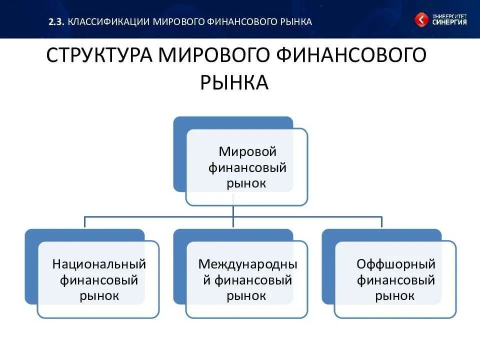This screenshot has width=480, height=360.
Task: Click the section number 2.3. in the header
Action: tap(57, 21)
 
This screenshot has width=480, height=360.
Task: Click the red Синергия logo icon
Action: tap(421, 20)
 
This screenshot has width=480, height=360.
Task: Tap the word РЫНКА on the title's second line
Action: tap(234, 82)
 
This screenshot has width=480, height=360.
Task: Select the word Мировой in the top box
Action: tap(247, 151)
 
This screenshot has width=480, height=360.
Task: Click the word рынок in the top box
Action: tap(246, 183)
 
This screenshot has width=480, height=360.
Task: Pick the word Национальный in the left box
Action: tap(99, 263)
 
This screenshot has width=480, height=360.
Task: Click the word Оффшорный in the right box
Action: tap(396, 263)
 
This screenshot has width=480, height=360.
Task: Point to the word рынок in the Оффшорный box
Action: tap(395, 295)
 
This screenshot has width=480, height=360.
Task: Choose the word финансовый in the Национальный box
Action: tap(99, 279)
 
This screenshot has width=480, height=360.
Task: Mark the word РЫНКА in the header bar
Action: tap(295, 21)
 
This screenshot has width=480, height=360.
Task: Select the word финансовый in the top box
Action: tap(247, 167)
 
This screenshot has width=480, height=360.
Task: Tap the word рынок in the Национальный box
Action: tap(99, 295)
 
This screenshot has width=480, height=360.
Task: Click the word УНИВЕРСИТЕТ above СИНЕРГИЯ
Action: tap(449, 15)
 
